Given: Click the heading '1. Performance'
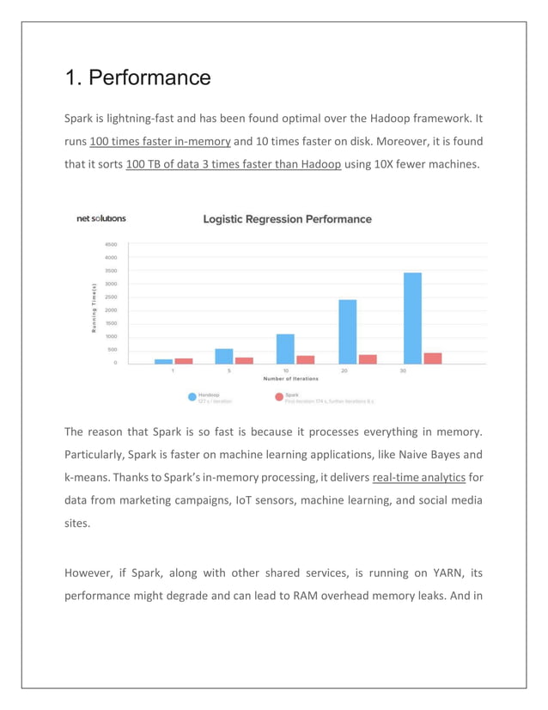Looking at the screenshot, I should [137, 78].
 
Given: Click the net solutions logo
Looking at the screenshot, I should [101, 218].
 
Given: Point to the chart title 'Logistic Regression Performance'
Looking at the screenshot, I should [287, 219].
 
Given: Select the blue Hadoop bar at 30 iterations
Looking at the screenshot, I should [412, 318].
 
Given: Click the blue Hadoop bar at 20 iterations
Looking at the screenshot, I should [347, 332].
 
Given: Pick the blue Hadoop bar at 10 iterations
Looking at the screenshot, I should [285, 348].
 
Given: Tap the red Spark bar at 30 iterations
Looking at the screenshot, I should [433, 358].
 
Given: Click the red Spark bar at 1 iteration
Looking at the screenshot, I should [184, 360].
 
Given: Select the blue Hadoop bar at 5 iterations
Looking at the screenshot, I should [224, 356].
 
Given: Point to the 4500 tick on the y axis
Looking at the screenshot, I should [112, 244].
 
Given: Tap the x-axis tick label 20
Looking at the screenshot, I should [344, 371].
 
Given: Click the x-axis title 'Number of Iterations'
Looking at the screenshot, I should [290, 379].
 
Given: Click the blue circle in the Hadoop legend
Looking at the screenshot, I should [192, 398].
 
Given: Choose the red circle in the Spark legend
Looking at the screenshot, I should [278, 398].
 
